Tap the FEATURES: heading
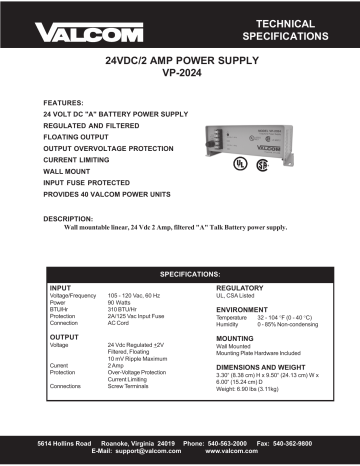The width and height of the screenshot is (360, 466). tap(63, 102)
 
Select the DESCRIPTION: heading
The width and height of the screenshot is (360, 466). tap(71, 217)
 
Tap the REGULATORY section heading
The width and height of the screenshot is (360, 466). tap(239, 287)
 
